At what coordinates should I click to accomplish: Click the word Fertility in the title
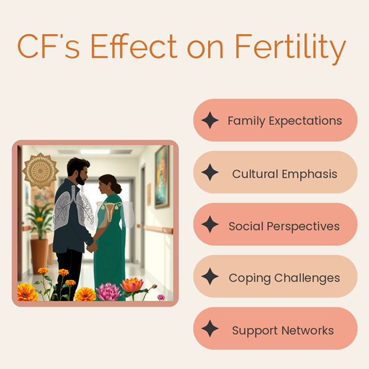(x=290, y=47)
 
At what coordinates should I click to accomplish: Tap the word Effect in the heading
(x=134, y=46)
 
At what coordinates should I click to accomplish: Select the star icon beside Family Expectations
(x=210, y=120)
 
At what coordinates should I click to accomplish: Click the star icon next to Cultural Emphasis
(x=210, y=172)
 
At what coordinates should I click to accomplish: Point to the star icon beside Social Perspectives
(x=210, y=224)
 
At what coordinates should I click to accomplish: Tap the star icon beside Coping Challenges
(x=210, y=276)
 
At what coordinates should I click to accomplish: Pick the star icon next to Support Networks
(x=210, y=328)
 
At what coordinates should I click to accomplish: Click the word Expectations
(x=305, y=121)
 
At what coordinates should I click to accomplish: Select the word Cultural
(x=255, y=174)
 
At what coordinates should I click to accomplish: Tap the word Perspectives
(x=303, y=226)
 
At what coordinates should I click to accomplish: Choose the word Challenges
(x=307, y=278)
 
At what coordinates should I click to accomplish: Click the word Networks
(x=307, y=331)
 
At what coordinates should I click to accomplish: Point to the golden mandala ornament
(x=40, y=171)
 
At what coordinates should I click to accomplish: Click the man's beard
(x=80, y=179)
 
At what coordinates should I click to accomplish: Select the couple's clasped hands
(x=92, y=247)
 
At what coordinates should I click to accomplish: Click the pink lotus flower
(x=108, y=292)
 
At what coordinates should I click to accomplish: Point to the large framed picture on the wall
(x=162, y=177)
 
